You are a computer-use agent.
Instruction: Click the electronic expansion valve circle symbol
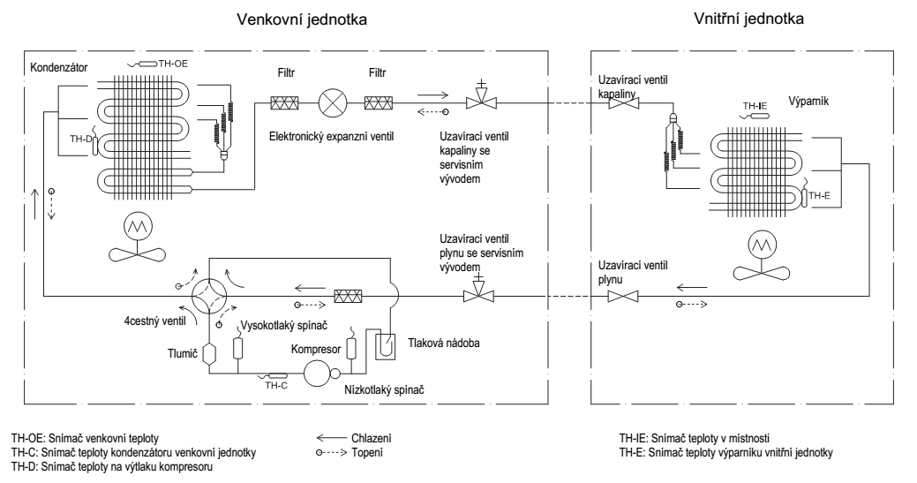coord(332,103)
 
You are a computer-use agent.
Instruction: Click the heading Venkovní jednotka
coord(302,19)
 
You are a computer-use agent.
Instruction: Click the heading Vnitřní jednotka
coord(748,19)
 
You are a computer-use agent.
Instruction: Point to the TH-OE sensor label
coord(173,64)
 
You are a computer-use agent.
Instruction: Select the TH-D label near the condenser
coord(80,139)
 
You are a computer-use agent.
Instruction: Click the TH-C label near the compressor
coord(276,385)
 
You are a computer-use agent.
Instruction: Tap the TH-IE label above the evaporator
coord(755,106)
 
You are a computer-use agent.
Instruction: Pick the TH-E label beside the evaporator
coord(819,196)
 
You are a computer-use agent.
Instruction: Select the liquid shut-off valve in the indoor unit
coord(623,103)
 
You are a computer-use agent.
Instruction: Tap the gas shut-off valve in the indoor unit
coord(623,296)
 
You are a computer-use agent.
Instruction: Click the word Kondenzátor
coord(58,67)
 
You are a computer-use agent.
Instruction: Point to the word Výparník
coord(808,101)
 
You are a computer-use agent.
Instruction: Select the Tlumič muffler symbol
coord(209,355)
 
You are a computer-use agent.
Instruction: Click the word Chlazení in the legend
coord(372,438)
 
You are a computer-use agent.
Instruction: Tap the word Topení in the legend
coord(367,452)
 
